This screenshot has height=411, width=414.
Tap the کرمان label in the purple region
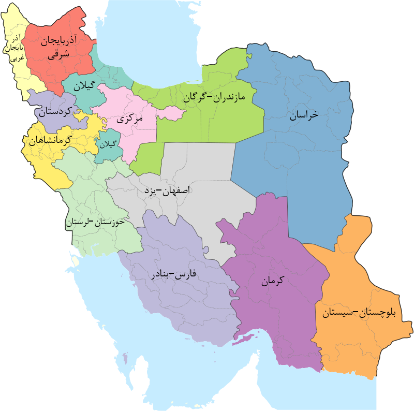[273, 282]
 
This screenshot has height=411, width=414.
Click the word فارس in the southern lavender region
[186, 274]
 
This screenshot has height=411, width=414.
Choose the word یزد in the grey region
[150, 190]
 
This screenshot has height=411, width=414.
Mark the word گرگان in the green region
[191, 96]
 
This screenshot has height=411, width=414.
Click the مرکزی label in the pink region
[130, 119]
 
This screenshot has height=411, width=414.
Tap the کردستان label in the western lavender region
[54, 111]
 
